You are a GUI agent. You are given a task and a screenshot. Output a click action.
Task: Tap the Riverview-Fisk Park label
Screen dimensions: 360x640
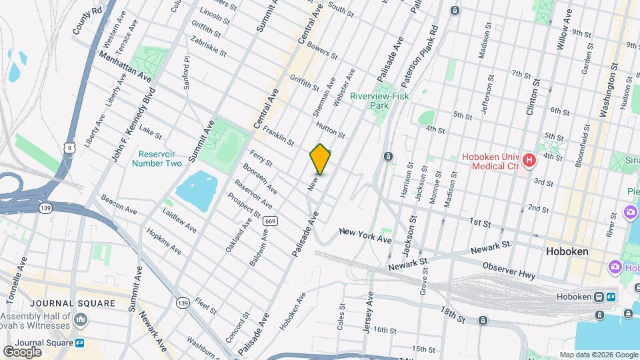pyautogui.click(x=379, y=101)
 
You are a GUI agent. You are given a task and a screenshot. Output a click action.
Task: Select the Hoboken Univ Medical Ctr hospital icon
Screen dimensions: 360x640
pyautogui.click(x=529, y=160)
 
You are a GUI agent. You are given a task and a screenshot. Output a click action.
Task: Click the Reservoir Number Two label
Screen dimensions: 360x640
pyautogui.click(x=157, y=158)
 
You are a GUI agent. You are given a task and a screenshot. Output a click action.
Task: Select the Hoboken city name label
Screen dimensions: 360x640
pyautogui.click(x=566, y=252)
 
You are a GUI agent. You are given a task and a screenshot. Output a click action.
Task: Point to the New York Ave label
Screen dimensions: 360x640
pyautogui.click(x=365, y=234)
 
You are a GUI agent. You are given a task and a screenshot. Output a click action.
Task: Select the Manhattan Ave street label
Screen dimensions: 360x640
pyautogui.click(x=125, y=67)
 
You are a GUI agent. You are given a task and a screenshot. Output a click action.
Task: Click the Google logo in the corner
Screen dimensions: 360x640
pyautogui.click(x=22, y=351)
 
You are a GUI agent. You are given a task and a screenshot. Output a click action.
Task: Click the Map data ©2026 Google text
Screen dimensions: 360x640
pyautogui.click(x=598, y=355)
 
